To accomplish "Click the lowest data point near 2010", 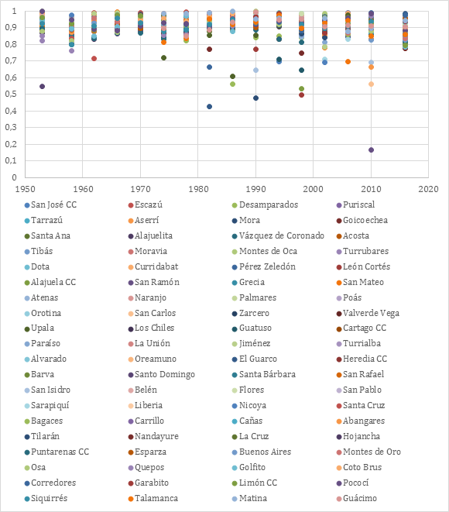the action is tap(371, 149).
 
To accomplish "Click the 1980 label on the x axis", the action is tap(197, 189).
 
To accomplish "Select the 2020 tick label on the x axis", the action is tap(428, 189).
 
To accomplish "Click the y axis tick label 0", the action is tap(14, 177).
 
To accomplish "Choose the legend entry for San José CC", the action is tap(50, 205).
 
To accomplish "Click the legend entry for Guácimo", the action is tap(357, 498).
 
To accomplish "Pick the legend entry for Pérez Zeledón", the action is tap(264, 266).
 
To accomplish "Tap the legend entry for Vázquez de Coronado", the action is tap(279, 235).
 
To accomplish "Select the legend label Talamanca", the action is tap(156, 498).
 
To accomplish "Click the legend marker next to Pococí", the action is tap(339, 483).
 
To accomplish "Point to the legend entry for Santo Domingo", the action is tap(162, 375).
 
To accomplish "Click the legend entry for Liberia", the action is tap(146, 406).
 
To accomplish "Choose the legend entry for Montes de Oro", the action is tap(368, 452).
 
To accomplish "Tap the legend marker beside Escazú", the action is tap(131, 205).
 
